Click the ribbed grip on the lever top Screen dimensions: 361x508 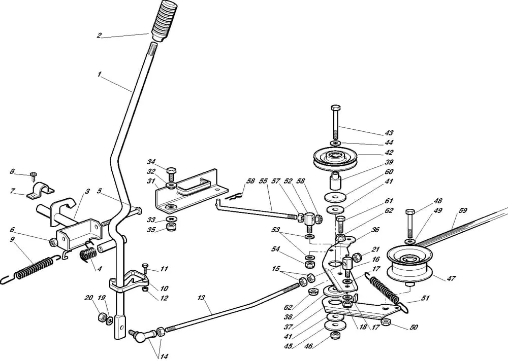(163, 18)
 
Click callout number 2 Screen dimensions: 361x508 (100, 35)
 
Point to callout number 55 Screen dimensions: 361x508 (263, 181)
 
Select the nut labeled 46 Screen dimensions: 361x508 (335, 335)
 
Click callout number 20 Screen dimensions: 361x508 (88, 298)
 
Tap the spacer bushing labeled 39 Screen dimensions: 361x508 (336, 181)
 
